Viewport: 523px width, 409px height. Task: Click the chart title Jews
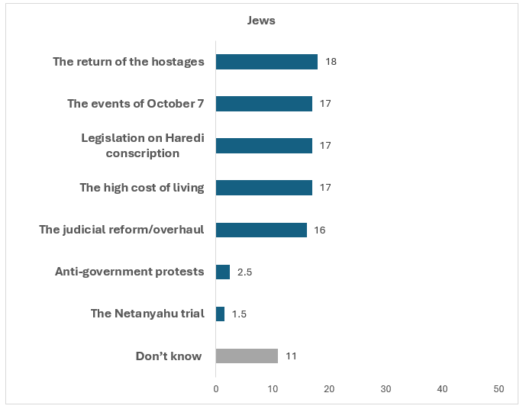pyautogui.click(x=261, y=21)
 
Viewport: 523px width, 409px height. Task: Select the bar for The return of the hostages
pyautogui.click(x=266, y=62)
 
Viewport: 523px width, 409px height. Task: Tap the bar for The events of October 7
pyautogui.click(x=263, y=104)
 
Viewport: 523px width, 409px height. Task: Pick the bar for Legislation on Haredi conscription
pyautogui.click(x=263, y=146)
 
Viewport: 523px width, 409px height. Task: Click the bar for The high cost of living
pyautogui.click(x=263, y=188)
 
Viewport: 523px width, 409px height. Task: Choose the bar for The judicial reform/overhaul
pyautogui.click(x=261, y=230)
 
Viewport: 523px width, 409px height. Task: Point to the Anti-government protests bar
pyautogui.click(x=223, y=272)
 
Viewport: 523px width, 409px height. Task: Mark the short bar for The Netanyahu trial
pyautogui.click(x=220, y=314)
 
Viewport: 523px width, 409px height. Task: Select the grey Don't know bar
pyautogui.click(x=247, y=356)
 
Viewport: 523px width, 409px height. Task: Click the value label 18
pyautogui.click(x=331, y=62)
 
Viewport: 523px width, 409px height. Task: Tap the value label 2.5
pyautogui.click(x=244, y=272)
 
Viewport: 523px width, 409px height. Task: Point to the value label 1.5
pyautogui.click(x=239, y=314)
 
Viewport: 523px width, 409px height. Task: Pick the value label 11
pyautogui.click(x=291, y=356)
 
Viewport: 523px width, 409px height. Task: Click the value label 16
pyautogui.click(x=320, y=230)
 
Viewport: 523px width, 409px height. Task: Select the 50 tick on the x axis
pyautogui.click(x=499, y=389)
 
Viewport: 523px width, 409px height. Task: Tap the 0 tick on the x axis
pyautogui.click(x=216, y=389)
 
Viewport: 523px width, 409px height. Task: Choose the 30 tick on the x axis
pyautogui.click(x=386, y=389)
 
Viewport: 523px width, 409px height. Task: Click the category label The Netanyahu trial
pyautogui.click(x=147, y=314)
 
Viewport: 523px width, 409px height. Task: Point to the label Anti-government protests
pyautogui.click(x=130, y=272)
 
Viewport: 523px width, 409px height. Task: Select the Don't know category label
pyautogui.click(x=169, y=356)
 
